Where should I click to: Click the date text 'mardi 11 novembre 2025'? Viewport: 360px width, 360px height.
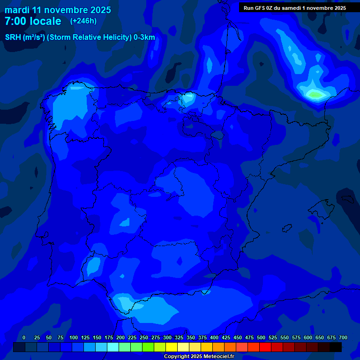[x=58, y=10]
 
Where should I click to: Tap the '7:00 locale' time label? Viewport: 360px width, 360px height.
[x=33, y=21]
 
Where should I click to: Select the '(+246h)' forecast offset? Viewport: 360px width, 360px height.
[x=83, y=21]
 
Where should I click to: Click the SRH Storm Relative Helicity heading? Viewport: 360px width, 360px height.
[x=80, y=37]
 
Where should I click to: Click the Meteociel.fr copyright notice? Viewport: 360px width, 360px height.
[x=199, y=356]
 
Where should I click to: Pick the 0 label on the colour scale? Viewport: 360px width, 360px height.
[x=24, y=337]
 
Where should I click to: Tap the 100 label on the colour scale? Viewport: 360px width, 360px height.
[x=74, y=337]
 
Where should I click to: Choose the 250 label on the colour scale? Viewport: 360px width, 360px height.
[x=144, y=337]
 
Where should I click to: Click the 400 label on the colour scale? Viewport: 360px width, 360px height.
[x=214, y=337]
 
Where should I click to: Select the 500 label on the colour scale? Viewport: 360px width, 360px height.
[x=261, y=337]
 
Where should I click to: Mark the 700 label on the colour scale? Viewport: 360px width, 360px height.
[x=343, y=337]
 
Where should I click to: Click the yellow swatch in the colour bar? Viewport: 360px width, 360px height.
[x=172, y=347]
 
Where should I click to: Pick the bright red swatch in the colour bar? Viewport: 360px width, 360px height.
[x=265, y=347]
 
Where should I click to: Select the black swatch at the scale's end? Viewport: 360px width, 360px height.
[x=336, y=347]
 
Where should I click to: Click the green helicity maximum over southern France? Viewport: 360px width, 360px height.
[x=315, y=95]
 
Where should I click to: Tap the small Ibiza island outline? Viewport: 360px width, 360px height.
[x=286, y=228]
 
